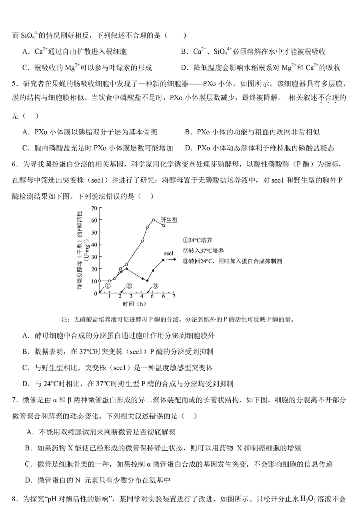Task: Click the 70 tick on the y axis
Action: tap(94, 208)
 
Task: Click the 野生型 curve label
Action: tap(169, 220)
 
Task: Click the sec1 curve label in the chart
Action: tap(169, 253)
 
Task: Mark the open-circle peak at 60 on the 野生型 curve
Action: tap(153, 219)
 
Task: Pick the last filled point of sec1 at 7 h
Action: tap(174, 259)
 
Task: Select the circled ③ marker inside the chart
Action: tap(156, 286)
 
